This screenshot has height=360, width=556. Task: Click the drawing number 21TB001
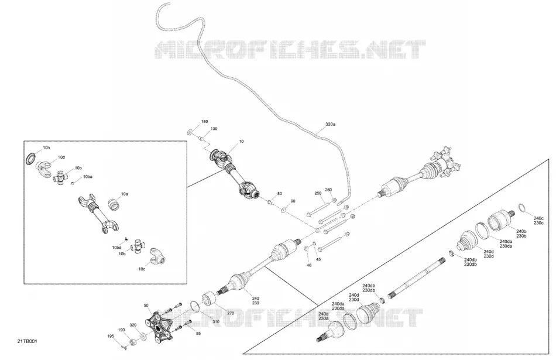[x=28, y=341]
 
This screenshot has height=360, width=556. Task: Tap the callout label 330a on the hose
[x=330, y=125]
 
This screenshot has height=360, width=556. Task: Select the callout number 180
[x=205, y=122]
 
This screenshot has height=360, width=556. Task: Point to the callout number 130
[x=214, y=129]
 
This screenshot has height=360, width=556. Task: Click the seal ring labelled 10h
[x=31, y=158]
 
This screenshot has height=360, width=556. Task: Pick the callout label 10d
[x=61, y=157]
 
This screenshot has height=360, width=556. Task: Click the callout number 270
[x=231, y=313]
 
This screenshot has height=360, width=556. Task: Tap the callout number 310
[x=216, y=322]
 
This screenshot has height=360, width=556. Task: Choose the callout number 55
[x=198, y=333]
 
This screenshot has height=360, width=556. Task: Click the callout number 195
[x=111, y=336]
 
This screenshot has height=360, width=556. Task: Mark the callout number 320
[x=133, y=325]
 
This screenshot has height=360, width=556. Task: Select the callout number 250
[x=318, y=193]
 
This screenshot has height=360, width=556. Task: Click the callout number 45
[x=318, y=259]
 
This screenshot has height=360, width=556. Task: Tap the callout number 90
[x=293, y=201]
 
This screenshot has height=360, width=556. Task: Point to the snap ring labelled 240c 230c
[x=523, y=208]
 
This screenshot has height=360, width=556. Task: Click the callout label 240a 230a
[x=324, y=316]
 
